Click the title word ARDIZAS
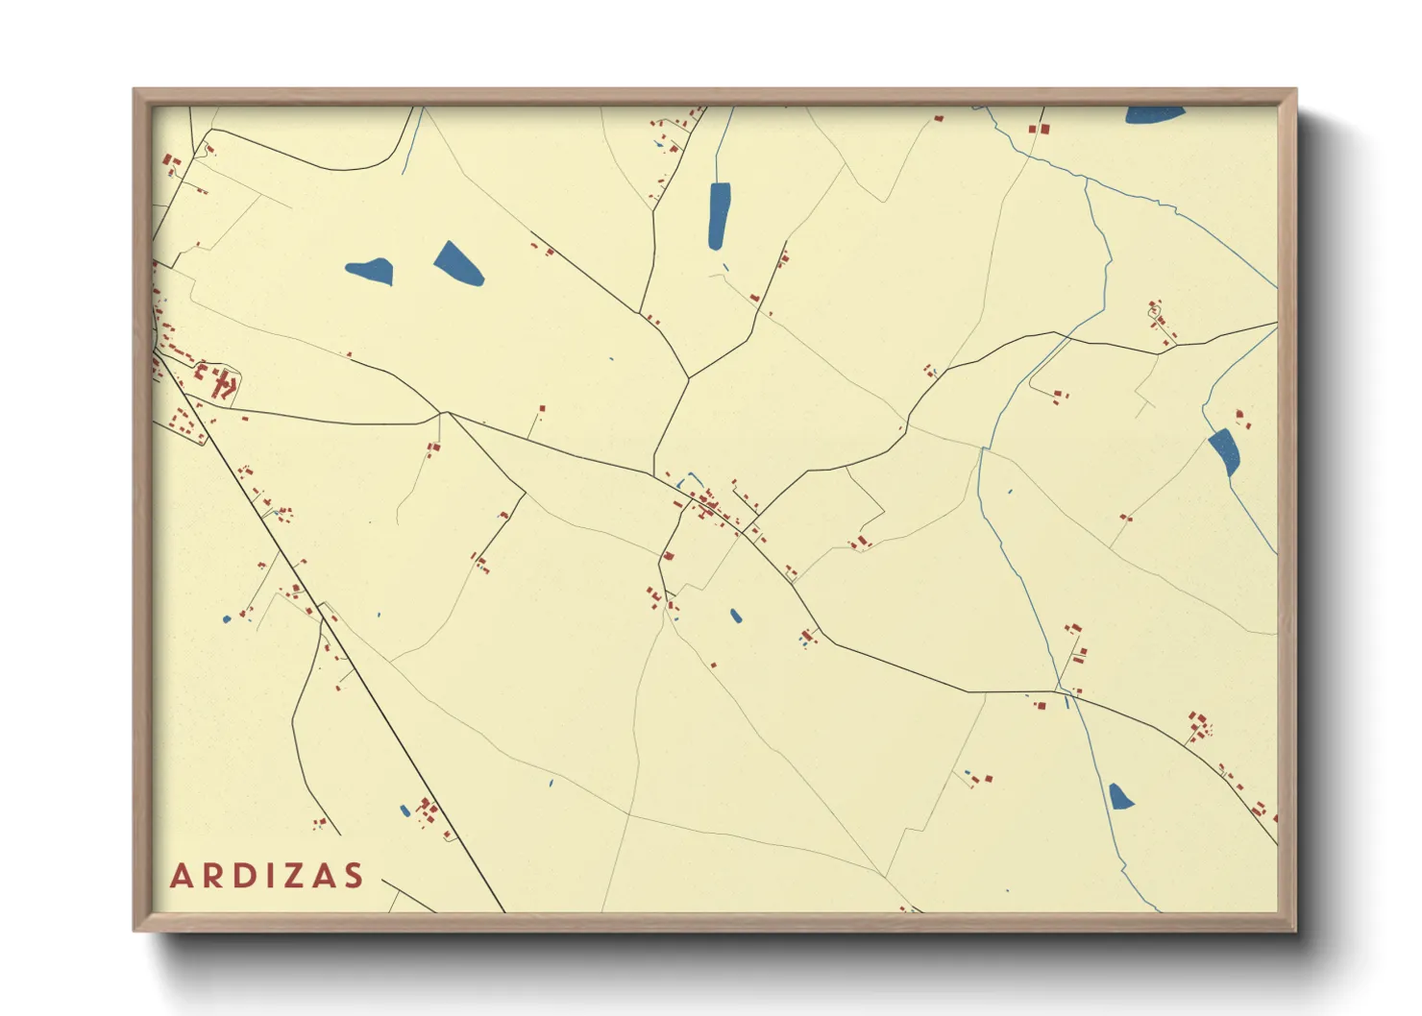267,876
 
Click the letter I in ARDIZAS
272,876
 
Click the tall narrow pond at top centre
719,215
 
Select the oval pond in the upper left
370,271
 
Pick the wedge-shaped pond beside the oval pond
458,263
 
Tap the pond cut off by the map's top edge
1154,114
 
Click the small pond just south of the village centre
736,616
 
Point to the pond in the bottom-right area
1119,796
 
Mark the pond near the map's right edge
1225,451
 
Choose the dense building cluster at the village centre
709,504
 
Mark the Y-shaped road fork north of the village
688,378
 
